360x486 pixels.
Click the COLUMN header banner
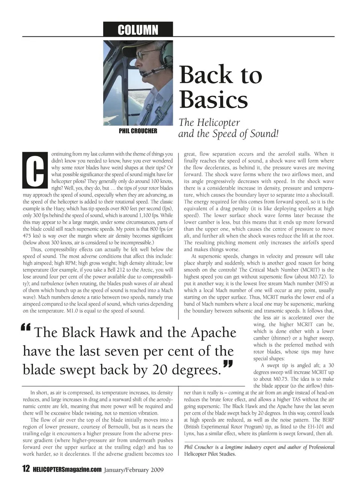point(138,30)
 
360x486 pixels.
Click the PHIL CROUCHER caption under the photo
point(138,131)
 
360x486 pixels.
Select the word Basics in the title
point(213,100)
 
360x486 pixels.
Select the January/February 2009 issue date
point(134,469)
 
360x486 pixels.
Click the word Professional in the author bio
point(321,447)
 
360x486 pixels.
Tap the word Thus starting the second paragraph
point(36,249)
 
